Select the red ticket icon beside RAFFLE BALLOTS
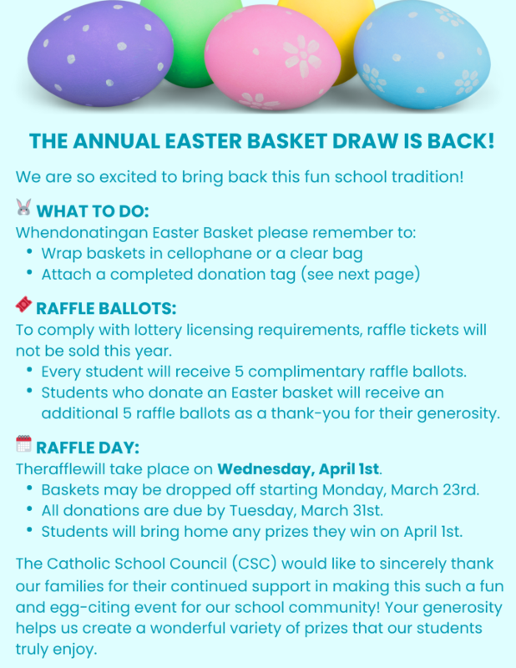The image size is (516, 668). [23, 306]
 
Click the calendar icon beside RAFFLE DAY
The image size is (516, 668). [23, 443]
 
